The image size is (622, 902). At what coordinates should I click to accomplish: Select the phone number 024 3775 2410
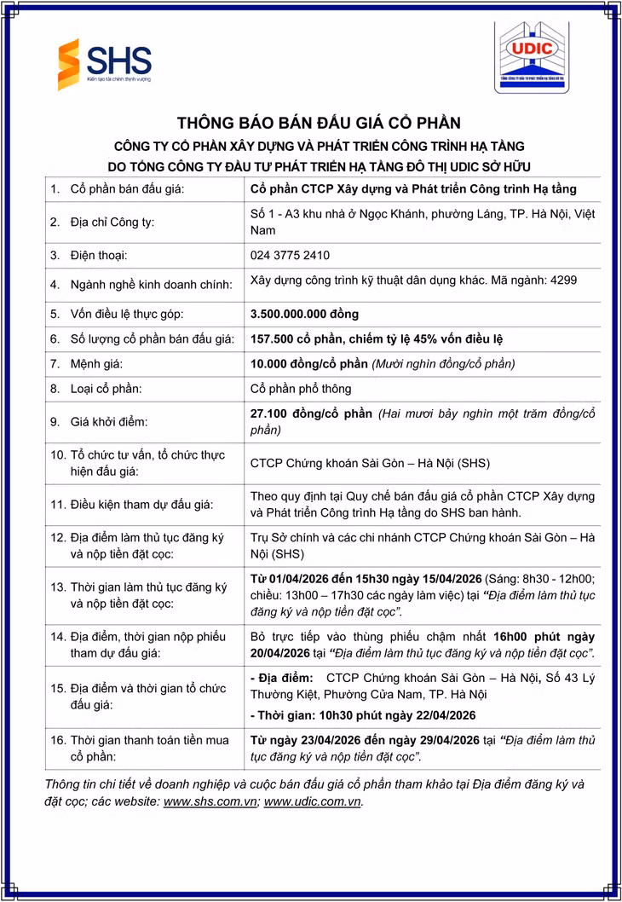coord(290,255)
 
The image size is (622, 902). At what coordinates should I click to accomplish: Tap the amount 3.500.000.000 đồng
coord(304,314)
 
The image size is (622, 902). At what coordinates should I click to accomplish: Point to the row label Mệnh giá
coord(96,363)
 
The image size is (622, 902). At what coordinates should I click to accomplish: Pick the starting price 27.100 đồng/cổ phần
coord(311,414)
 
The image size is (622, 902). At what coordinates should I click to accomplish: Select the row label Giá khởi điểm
coord(110,421)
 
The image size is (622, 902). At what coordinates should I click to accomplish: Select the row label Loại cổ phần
coord(106,388)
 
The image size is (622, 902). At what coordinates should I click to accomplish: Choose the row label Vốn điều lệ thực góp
coord(126,314)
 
